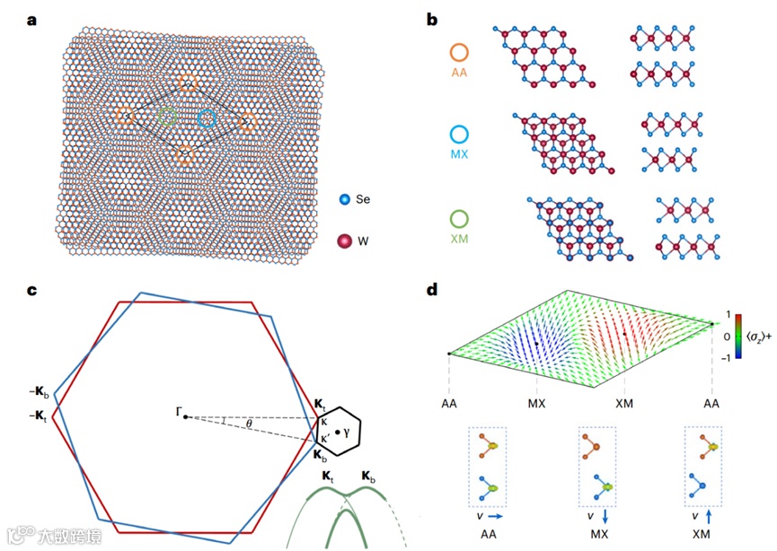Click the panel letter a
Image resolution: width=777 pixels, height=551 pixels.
(x=31, y=20)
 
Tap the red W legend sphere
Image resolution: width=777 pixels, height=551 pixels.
(x=344, y=240)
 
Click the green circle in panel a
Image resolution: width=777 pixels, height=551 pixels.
(x=167, y=116)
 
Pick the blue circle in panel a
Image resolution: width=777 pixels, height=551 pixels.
(x=207, y=118)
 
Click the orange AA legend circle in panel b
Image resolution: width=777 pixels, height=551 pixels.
(x=459, y=52)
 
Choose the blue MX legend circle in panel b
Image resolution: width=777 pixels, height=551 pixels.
(x=459, y=136)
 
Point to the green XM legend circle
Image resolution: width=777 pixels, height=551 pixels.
(x=459, y=219)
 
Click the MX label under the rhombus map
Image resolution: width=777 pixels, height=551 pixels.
(x=536, y=404)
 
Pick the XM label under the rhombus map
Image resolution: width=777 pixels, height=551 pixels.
(x=625, y=404)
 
